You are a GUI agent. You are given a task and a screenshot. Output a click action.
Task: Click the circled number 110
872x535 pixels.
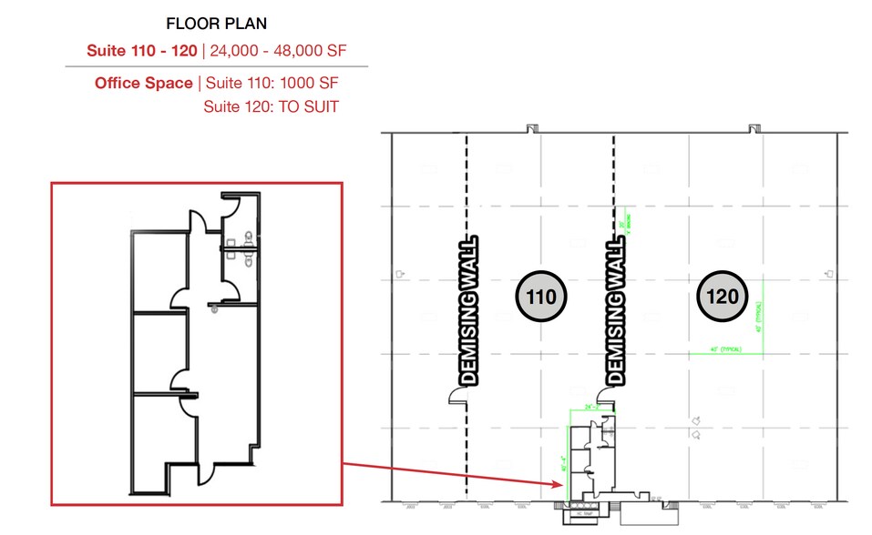(x=541, y=296)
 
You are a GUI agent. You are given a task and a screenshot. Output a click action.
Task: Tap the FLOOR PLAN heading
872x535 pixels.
(x=217, y=24)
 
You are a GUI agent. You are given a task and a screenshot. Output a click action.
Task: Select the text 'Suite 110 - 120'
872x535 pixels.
(x=141, y=50)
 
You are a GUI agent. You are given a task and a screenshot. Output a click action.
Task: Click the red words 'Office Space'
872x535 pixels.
(x=144, y=83)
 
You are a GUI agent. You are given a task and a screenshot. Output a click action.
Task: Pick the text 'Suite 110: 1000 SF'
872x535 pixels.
(x=272, y=83)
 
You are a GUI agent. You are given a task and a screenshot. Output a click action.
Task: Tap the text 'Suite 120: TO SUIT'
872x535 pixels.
(x=271, y=106)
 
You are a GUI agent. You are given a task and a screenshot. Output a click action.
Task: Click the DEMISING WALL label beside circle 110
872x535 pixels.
(x=616, y=309)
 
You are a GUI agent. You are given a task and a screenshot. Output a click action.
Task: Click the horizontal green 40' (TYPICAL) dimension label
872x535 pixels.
(x=726, y=349)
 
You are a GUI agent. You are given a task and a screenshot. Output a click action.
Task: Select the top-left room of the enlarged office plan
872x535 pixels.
(x=159, y=269)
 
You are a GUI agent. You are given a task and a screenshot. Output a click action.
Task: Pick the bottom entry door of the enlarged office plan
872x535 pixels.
(x=206, y=473)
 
